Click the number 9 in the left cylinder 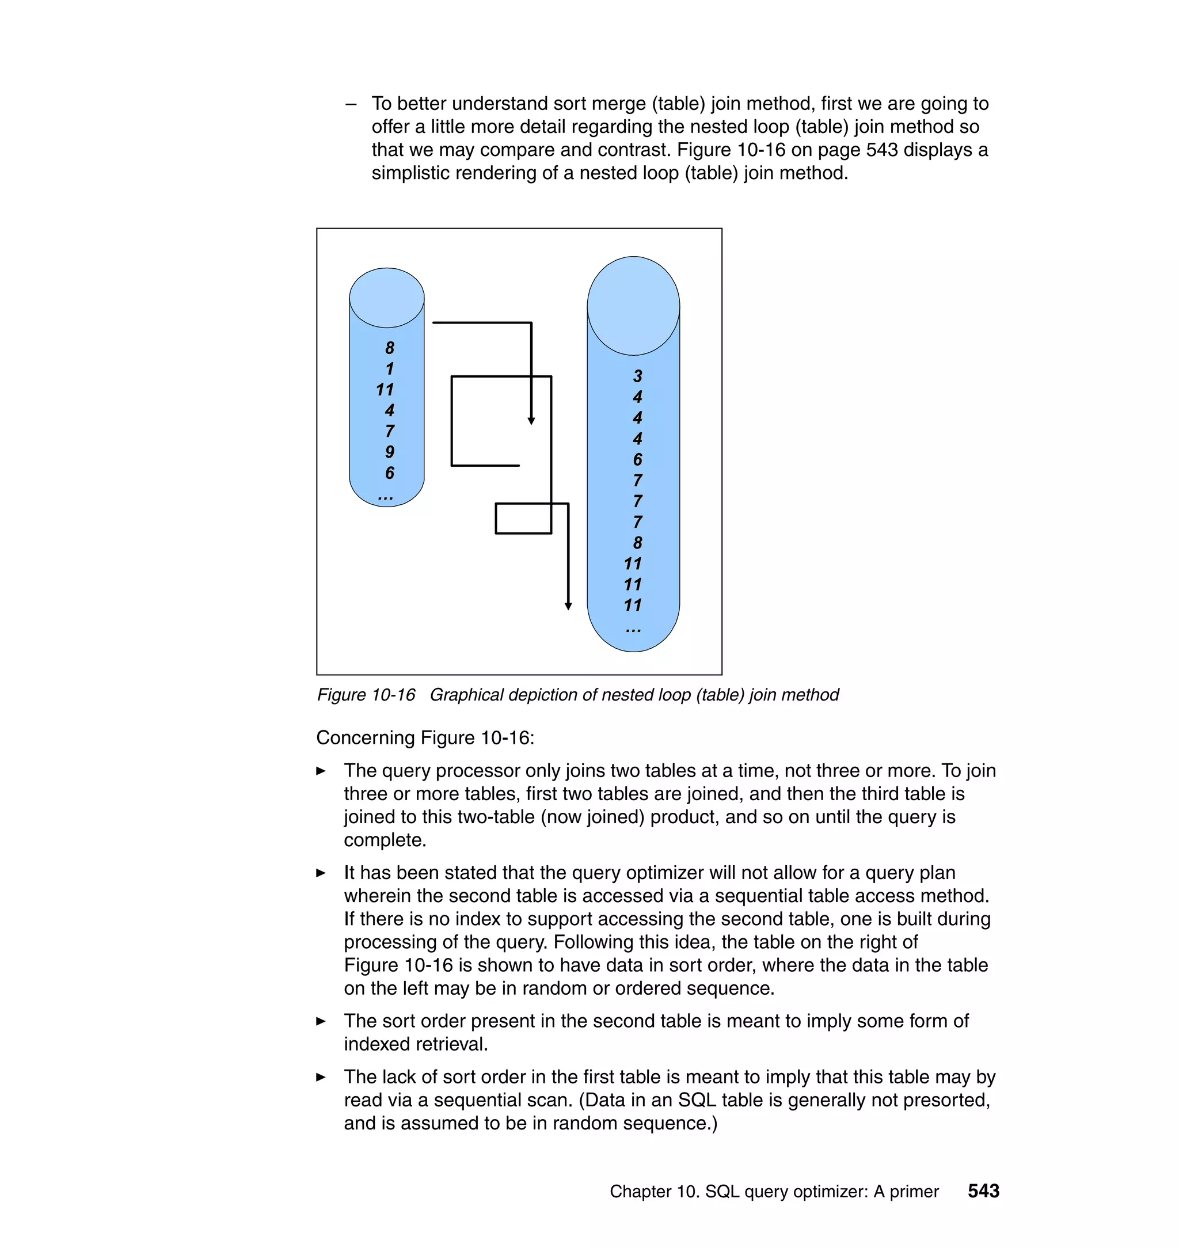click(390, 452)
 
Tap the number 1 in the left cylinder click(390, 369)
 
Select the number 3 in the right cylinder click(637, 376)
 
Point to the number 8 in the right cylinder click(637, 542)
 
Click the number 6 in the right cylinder click(637, 459)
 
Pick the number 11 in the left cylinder click(385, 390)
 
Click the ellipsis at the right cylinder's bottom click(633, 630)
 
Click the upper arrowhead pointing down click(531, 421)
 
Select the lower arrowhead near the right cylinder click(568, 606)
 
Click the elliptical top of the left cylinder click(386, 298)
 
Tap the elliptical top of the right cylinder click(633, 306)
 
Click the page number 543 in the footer click(983, 1191)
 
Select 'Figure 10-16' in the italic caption click(366, 694)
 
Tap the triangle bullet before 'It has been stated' click(321, 873)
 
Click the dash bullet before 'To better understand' click(351, 104)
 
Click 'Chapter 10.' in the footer click(654, 1192)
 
